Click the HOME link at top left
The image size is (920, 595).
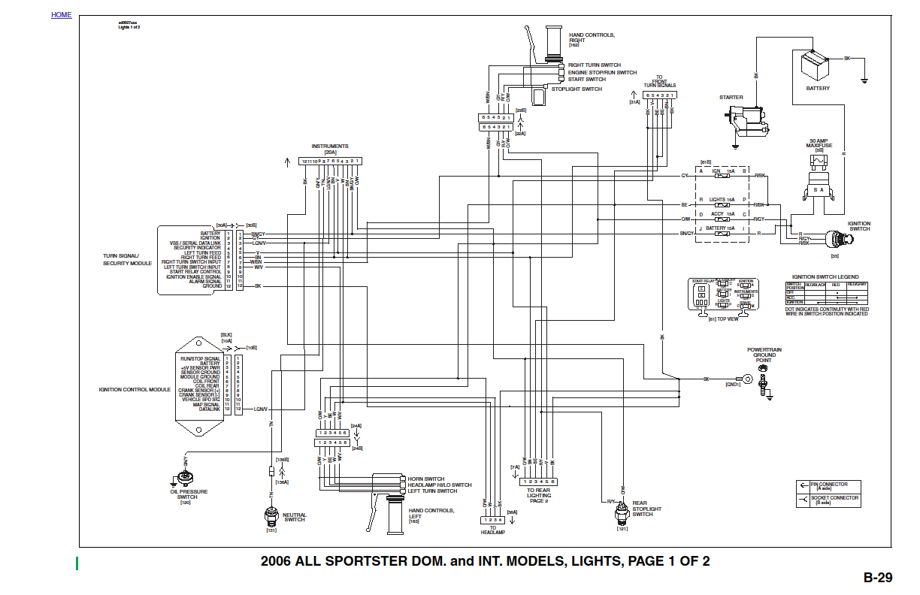pyautogui.click(x=62, y=15)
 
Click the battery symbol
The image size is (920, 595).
pyautogui.click(x=815, y=65)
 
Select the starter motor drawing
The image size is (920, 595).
pyautogui.click(x=747, y=120)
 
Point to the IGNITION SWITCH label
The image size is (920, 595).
pyautogui.click(x=858, y=226)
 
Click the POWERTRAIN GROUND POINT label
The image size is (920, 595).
pyautogui.click(x=764, y=355)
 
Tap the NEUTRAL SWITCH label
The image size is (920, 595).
pyautogui.click(x=295, y=517)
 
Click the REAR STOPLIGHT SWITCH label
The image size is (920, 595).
pyautogui.click(x=646, y=509)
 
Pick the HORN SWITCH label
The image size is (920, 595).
pyautogui.click(x=425, y=479)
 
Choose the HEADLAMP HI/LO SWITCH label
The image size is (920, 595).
pyautogui.click(x=439, y=485)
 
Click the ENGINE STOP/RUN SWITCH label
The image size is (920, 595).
pyautogui.click(x=602, y=73)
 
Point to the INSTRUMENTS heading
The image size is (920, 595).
pyautogui.click(x=330, y=146)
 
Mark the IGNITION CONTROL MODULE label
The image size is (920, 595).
pyautogui.click(x=135, y=390)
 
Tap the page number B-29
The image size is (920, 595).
pyautogui.click(x=877, y=578)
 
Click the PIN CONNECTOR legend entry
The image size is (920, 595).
pyautogui.click(x=828, y=485)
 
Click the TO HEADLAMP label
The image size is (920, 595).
pyautogui.click(x=493, y=530)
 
